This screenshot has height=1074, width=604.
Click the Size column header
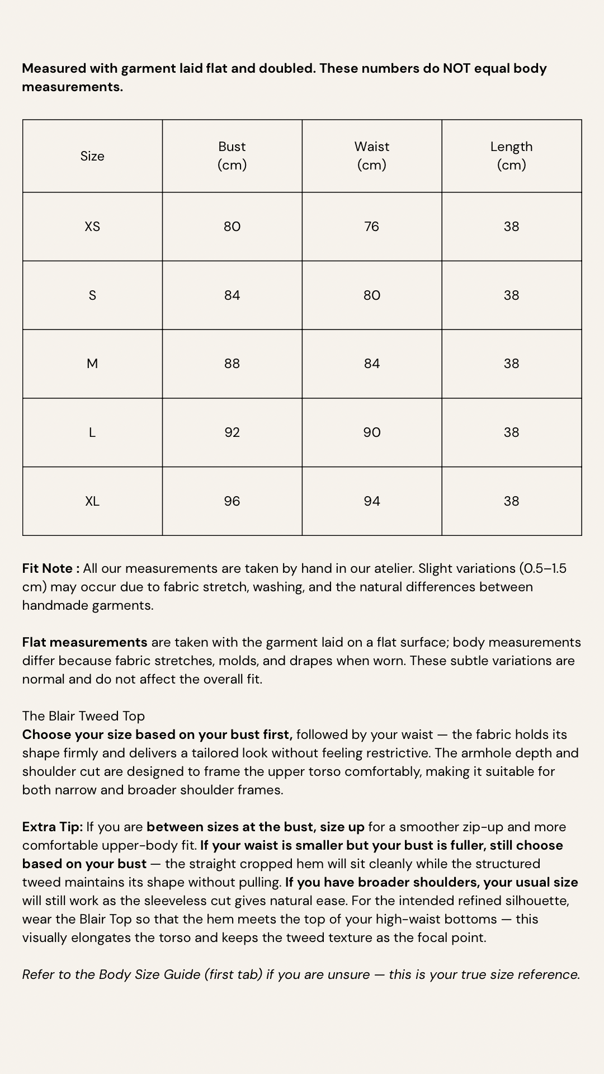pyautogui.click(x=92, y=156)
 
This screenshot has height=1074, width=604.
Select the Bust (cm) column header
pyautogui.click(x=232, y=156)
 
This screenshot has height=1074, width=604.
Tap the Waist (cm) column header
pyautogui.click(x=372, y=156)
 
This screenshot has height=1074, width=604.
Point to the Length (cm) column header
pyautogui.click(x=511, y=156)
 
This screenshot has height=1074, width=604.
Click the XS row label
pyautogui.click(x=92, y=227)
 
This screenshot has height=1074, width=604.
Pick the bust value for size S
pyautogui.click(x=232, y=295)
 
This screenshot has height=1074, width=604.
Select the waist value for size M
pyautogui.click(x=372, y=364)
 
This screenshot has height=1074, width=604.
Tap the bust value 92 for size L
pyautogui.click(x=232, y=432)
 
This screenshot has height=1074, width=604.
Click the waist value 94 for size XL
pyautogui.click(x=372, y=501)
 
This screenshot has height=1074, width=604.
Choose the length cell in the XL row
pyautogui.click(x=511, y=501)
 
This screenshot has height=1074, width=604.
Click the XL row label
pyautogui.click(x=92, y=501)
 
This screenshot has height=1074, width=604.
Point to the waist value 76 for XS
pyautogui.click(x=372, y=227)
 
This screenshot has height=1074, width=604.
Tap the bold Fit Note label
pyautogui.click(x=50, y=568)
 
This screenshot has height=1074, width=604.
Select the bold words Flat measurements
pyautogui.click(x=84, y=642)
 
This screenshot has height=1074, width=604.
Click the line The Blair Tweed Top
pyautogui.click(x=83, y=716)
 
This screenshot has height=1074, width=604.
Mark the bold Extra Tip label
pyautogui.click(x=52, y=827)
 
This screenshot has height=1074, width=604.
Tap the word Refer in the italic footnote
pyautogui.click(x=38, y=974)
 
